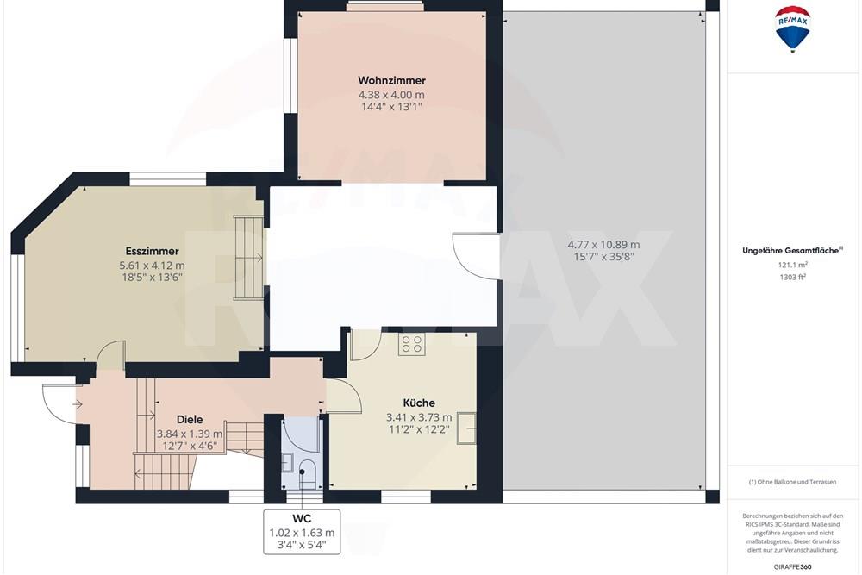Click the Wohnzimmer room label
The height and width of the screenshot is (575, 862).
391,79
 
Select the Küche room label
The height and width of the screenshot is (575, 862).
419,403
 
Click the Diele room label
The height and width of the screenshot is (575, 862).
190,420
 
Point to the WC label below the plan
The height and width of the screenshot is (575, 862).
302,519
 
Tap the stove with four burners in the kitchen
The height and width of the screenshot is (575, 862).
412,345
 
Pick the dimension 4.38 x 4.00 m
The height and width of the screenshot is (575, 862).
391,95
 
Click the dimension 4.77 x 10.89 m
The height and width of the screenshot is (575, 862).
603,244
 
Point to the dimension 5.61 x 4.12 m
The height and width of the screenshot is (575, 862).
152,266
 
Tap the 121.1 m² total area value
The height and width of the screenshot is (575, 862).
793,265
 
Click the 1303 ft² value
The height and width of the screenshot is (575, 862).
793,277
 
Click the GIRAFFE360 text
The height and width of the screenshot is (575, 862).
793,566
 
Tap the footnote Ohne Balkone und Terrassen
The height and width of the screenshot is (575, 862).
793,481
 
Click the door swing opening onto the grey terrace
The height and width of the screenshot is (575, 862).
476,254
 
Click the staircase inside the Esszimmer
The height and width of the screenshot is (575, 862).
248,257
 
